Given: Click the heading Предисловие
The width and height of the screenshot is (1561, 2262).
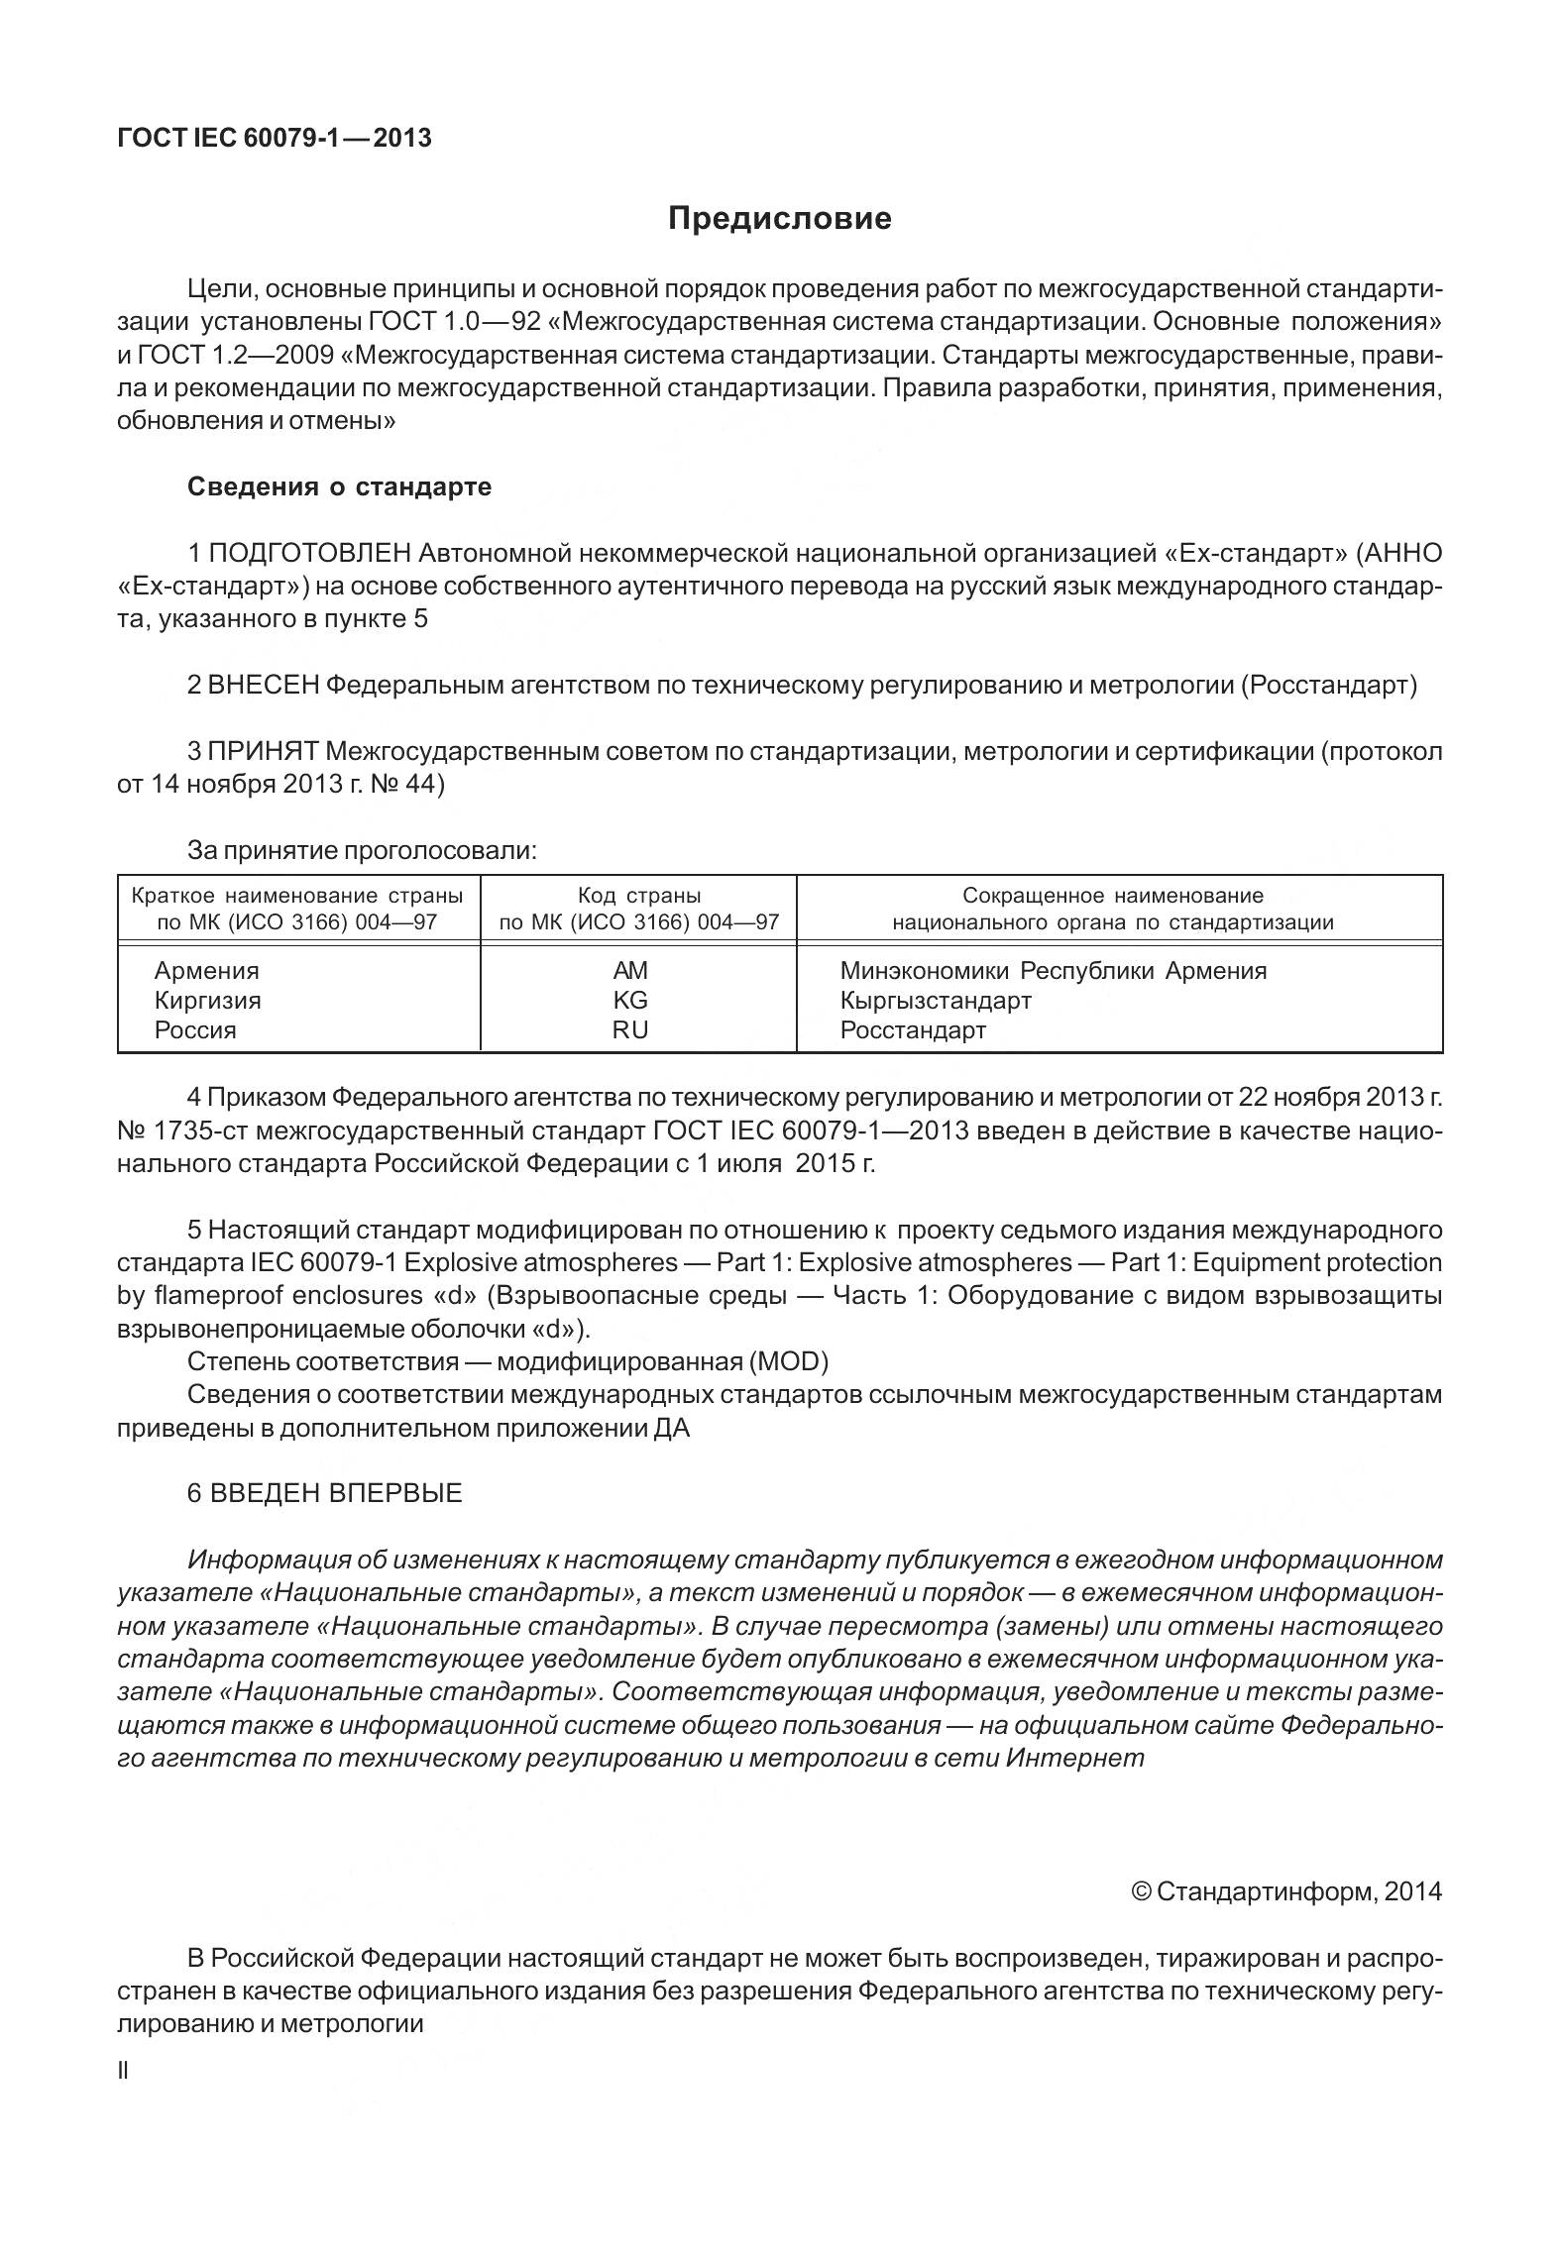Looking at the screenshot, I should pyautogui.click(x=779, y=218).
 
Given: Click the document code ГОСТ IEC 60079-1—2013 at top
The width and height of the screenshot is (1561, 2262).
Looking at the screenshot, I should pyautogui.click(x=275, y=139).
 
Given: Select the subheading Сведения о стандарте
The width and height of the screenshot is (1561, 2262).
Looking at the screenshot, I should pyautogui.click(x=339, y=487).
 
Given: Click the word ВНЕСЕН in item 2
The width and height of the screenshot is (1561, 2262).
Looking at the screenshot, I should pyautogui.click(x=264, y=686).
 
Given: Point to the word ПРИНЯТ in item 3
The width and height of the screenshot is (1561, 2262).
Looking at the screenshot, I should pyautogui.click(x=263, y=752).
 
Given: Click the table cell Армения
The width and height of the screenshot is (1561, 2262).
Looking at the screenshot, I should pyautogui.click(x=206, y=971).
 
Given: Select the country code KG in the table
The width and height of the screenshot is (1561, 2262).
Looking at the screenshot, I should pyautogui.click(x=630, y=1001).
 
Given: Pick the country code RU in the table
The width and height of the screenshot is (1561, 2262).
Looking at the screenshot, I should pyautogui.click(x=630, y=1030).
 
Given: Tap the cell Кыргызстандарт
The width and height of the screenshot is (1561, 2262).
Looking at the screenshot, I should pyautogui.click(x=936, y=1001).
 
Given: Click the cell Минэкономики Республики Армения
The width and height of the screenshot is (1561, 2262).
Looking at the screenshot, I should pyautogui.click(x=1053, y=971).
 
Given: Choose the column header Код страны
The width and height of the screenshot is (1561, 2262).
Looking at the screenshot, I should pyautogui.click(x=638, y=897).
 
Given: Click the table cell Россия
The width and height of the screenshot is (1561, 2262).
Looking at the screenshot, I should pyautogui.click(x=195, y=1030).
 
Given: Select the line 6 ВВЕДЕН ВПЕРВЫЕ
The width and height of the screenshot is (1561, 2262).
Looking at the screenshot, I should pyautogui.click(x=324, y=1493).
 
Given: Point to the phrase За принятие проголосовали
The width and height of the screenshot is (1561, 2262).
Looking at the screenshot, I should pyautogui.click(x=362, y=850).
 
